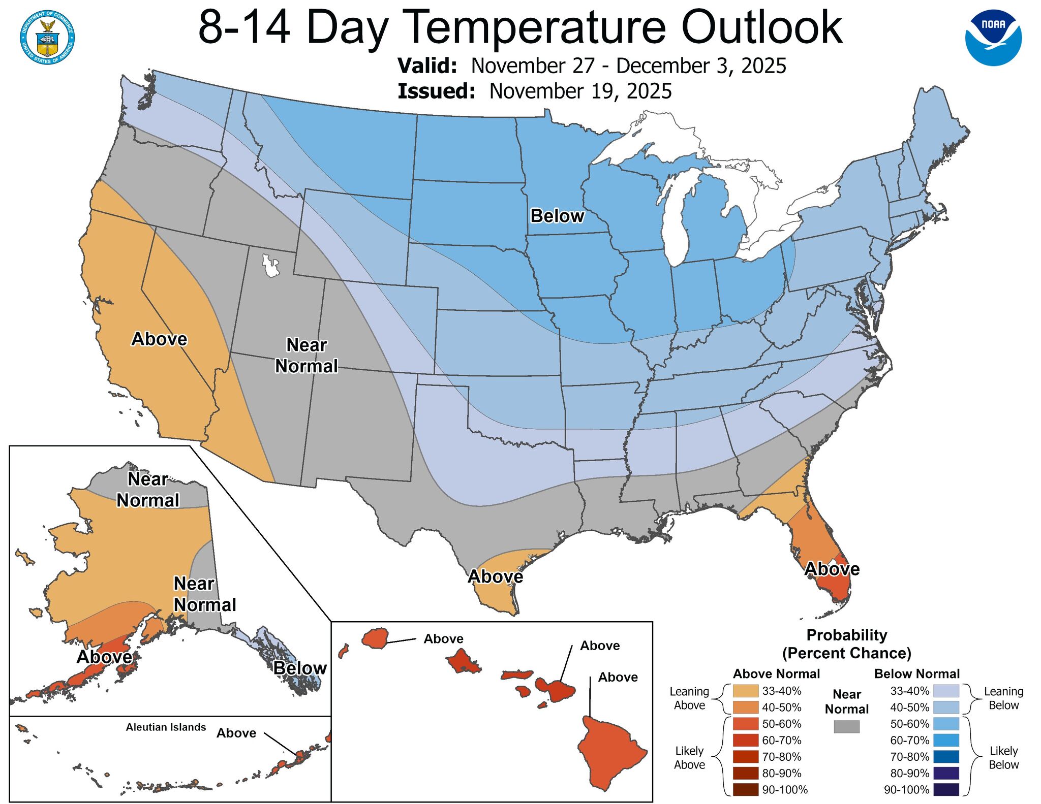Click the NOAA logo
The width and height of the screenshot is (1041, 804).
[x=993, y=38]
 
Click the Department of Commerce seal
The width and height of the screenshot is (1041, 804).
[x=48, y=38]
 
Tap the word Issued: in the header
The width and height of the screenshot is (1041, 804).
[x=436, y=91]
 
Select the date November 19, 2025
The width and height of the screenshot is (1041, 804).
[x=580, y=91]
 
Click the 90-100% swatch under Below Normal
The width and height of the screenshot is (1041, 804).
[x=946, y=789]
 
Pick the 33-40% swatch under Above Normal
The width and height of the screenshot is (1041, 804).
[x=745, y=691]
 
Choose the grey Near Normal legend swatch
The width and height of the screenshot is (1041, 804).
[x=846, y=726]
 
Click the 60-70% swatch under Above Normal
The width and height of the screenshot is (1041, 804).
[x=745, y=740]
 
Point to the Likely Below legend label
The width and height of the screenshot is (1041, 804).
[x=1003, y=757]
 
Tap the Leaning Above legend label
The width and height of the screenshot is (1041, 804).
[x=689, y=698]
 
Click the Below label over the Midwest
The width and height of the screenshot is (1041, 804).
[x=557, y=216]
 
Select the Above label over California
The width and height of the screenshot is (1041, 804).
[x=159, y=339]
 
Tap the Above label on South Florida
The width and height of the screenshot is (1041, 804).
[x=832, y=569]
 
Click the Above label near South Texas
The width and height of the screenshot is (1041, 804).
[x=495, y=576]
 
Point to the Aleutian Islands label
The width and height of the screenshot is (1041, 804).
[x=166, y=727]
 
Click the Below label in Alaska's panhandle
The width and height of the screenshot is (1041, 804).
[x=300, y=668]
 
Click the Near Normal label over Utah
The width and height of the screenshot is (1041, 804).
[x=307, y=356]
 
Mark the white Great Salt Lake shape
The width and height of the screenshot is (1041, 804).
[x=270, y=266]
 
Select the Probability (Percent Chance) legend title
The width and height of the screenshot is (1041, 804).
[x=846, y=644]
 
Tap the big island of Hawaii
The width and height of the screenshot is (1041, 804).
[x=610, y=752]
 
